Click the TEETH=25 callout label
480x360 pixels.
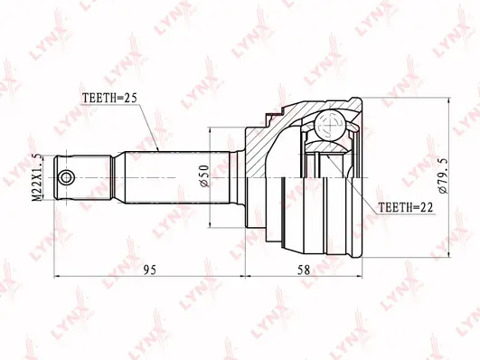[109, 98]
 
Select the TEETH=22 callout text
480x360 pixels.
[406, 208]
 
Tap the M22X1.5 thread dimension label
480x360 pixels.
[37, 177]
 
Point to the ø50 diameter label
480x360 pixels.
[204, 175]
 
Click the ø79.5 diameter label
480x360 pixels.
[443, 175]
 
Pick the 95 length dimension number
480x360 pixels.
[150, 270]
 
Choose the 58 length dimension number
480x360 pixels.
[304, 270]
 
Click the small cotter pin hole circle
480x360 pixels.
[66, 177]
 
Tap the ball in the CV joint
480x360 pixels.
[330, 126]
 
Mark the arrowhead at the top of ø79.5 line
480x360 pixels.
[448, 102]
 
